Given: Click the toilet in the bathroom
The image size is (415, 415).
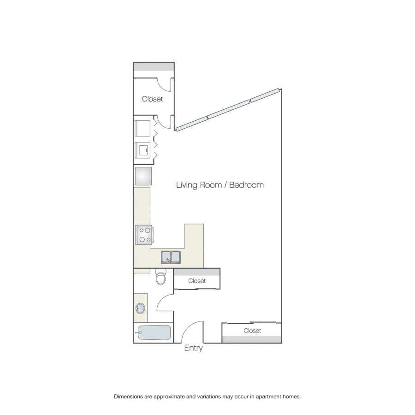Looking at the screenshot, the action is (x=160, y=277).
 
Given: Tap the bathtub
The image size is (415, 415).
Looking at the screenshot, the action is (x=154, y=332).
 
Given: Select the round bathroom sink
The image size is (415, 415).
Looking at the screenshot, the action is (x=140, y=308).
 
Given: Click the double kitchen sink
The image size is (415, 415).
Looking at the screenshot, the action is (x=171, y=257).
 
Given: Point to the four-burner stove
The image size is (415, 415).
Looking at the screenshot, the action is (x=144, y=235).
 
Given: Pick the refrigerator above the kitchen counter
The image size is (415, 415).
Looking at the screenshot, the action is (x=143, y=176).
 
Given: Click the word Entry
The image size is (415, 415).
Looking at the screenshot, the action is (x=194, y=348).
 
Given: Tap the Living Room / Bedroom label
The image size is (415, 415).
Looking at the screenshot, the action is (x=220, y=185).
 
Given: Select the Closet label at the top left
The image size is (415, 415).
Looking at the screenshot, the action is (x=152, y=99).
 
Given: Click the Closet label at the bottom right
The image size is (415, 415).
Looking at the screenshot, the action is (x=252, y=331).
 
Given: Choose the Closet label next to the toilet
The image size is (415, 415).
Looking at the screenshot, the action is (x=197, y=281).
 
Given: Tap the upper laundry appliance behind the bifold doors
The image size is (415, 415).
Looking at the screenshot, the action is (x=142, y=128).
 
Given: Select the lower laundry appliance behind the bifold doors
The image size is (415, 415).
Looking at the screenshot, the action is (x=142, y=150).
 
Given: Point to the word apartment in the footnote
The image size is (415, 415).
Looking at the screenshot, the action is (x=267, y=397).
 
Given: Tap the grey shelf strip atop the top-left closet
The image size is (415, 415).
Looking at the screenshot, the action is (x=154, y=67).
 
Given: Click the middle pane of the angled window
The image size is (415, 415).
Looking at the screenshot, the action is (x=229, y=109).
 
